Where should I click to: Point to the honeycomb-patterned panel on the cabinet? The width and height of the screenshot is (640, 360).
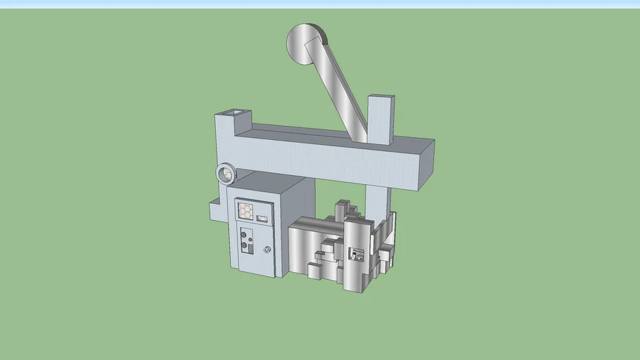point(246,210)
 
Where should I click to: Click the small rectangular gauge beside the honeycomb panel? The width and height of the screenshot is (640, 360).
point(263,219)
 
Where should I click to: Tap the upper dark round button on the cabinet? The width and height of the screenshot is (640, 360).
point(245,233)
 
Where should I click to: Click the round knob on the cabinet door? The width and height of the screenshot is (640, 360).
point(267,250)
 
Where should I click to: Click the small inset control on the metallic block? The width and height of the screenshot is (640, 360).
point(357,254)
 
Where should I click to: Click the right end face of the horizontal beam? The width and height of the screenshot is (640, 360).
point(427,164)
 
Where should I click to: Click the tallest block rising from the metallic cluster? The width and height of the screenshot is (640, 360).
point(343,211)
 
